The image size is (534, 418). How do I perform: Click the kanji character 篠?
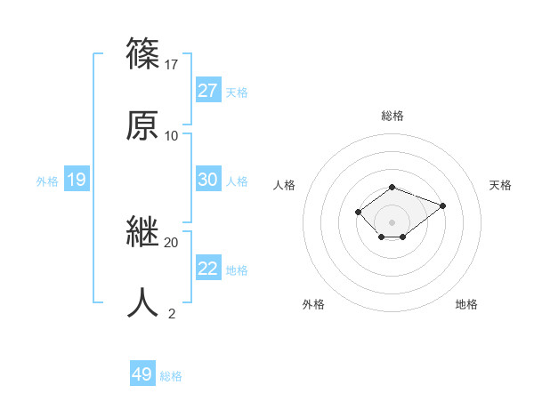143,54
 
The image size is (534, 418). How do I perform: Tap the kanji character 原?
143,125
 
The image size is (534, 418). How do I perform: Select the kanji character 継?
143,232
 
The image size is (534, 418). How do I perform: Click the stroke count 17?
172,64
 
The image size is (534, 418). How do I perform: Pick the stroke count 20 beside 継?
172,242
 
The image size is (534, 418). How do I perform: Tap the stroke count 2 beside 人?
172,313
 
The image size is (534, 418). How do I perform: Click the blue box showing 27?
208,91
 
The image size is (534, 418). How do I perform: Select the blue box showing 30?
208,180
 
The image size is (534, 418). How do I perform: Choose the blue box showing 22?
208,269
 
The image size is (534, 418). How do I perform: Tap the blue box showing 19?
77,181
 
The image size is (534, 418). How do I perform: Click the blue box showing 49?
142,374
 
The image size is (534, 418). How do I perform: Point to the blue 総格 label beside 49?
171,376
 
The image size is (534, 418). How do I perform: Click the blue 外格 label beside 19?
47,181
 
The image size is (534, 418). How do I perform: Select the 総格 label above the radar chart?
392,116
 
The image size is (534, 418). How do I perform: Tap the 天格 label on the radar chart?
500,185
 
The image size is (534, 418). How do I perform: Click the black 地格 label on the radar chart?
466,304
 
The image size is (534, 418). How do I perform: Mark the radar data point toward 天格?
442,205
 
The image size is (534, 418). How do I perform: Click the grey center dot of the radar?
392,221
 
